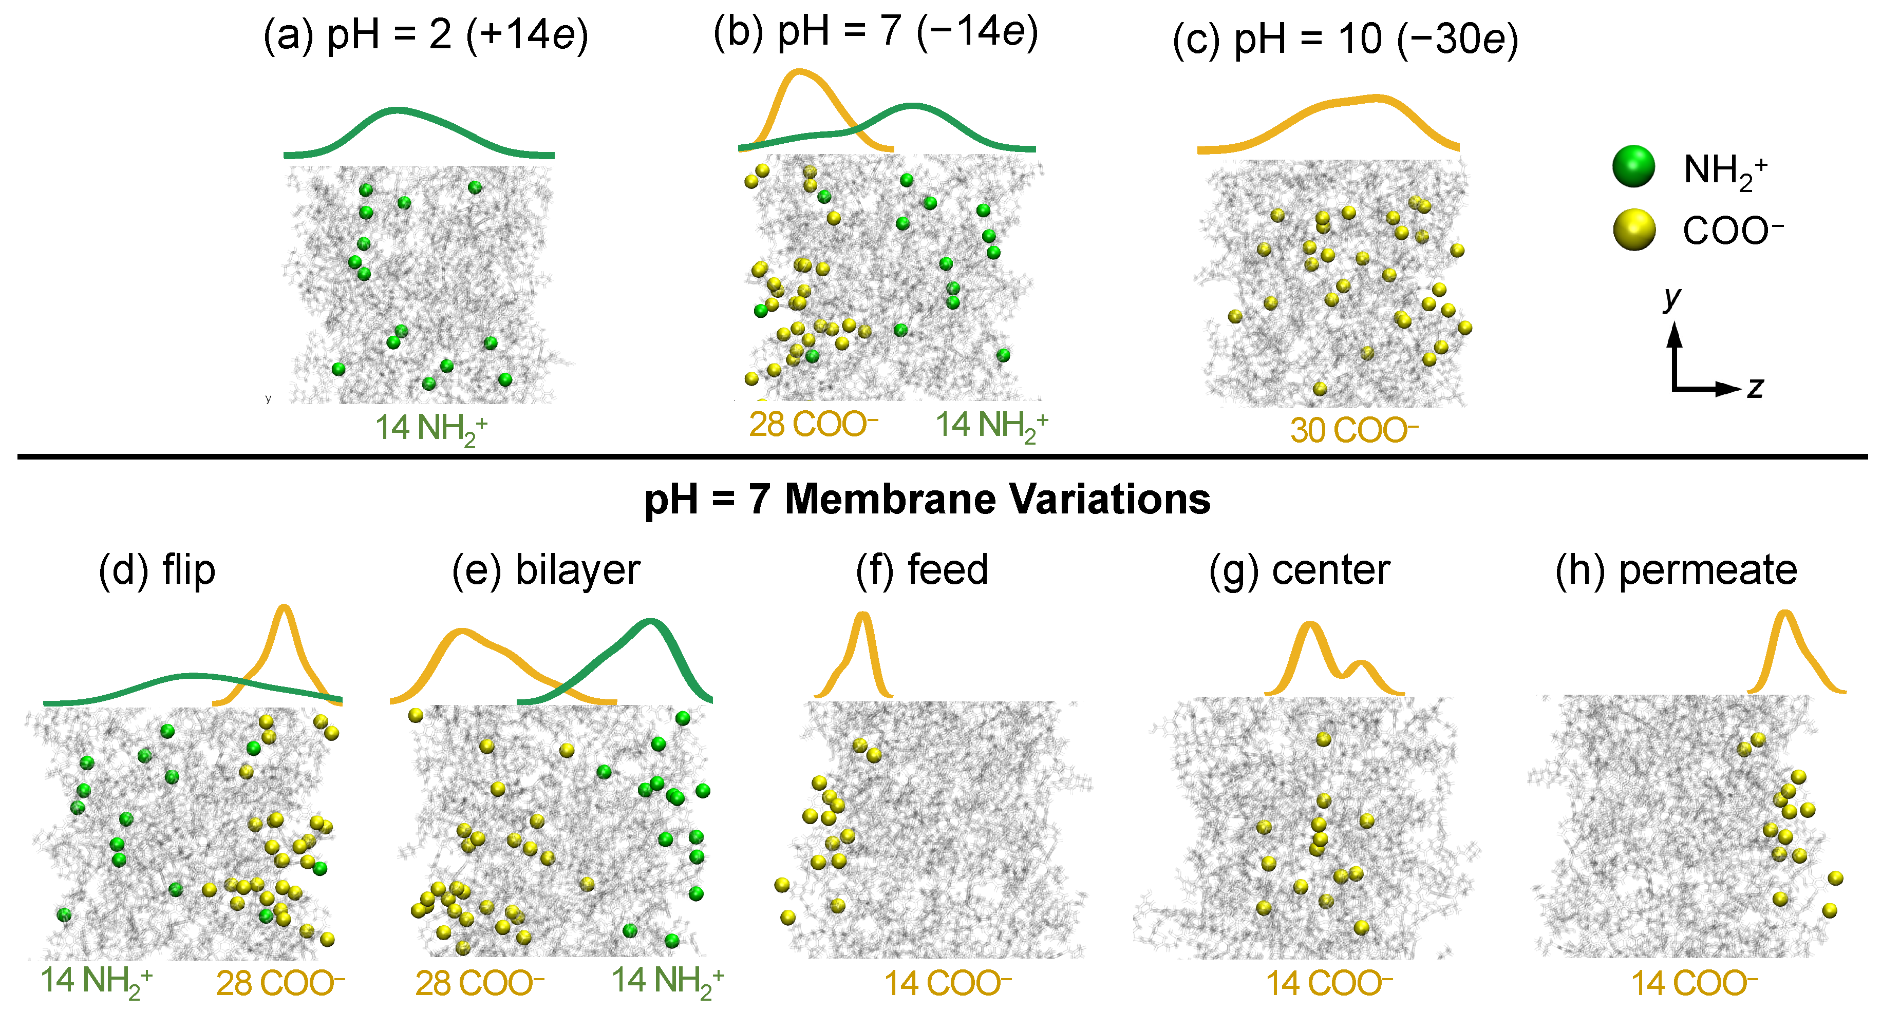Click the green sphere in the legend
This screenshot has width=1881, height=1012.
coord(1633,166)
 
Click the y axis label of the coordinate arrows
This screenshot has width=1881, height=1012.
coord(1671,297)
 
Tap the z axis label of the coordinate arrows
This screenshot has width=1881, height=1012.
coord(1755,388)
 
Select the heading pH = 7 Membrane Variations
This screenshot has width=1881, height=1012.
coord(927,500)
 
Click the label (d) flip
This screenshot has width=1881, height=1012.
coord(157,570)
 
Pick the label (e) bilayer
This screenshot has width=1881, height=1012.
coord(546,570)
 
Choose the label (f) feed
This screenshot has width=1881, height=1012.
coord(921,570)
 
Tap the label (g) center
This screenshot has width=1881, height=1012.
coord(1299,570)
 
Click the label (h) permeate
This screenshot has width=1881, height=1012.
coord(1676,570)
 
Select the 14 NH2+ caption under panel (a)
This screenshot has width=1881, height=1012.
coord(431,428)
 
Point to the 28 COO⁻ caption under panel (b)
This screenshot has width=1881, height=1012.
coord(813,424)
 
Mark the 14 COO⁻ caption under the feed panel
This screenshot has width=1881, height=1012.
coord(948,984)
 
